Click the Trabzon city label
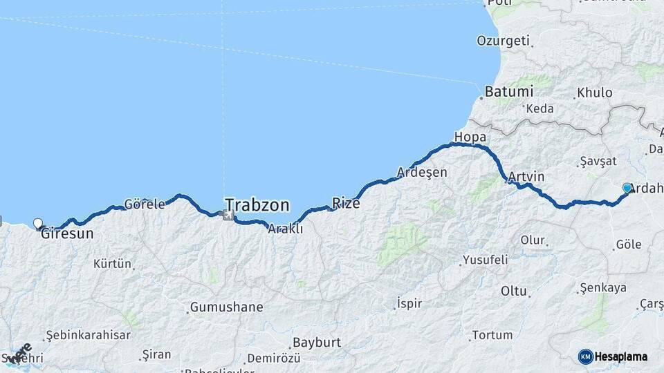pyautogui.click(x=257, y=205)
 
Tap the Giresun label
pyautogui.click(x=67, y=233)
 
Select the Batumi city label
pyautogui.click(x=508, y=91)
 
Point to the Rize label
pyautogui.click(x=346, y=203)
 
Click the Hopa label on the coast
pyautogui.click(x=470, y=137)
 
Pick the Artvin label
pyautogui.click(x=526, y=177)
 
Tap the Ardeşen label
pyautogui.click(x=422, y=172)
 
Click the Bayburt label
pyautogui.click(x=317, y=342)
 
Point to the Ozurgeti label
pyautogui.click(x=503, y=41)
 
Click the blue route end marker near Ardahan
pyautogui.click(x=627, y=188)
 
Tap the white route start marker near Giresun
pyautogui.click(x=38, y=223)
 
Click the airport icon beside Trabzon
pyautogui.click(x=227, y=216)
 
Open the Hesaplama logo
pyautogui.click(x=613, y=356)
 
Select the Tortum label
pyautogui.click(x=492, y=335)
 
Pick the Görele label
pyautogui.click(x=145, y=204)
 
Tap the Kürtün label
pyautogui.click(x=112, y=263)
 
